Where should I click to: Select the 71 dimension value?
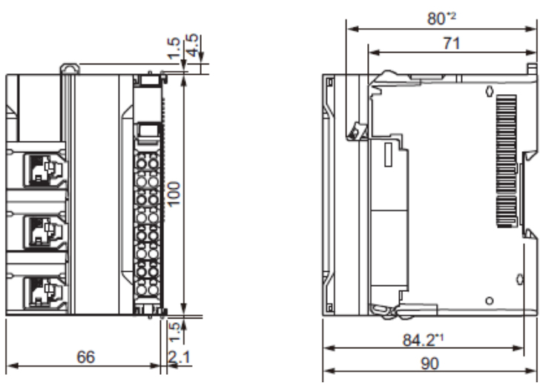[x=450, y=43]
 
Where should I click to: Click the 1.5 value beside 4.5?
[x=174, y=46]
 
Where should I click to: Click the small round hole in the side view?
[x=489, y=300]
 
